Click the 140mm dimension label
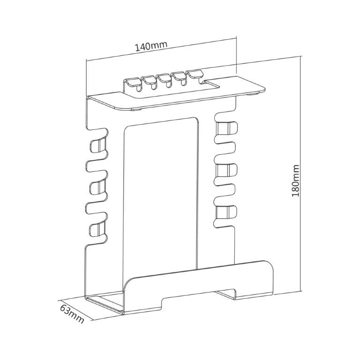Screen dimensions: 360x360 tap(151, 47)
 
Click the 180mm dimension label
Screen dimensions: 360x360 tap(295, 180)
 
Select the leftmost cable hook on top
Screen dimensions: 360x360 tap(132, 84)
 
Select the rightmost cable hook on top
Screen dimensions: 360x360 tap(193, 75)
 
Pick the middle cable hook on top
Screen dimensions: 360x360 tap(164, 79)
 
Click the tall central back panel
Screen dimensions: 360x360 tap(160, 197)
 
